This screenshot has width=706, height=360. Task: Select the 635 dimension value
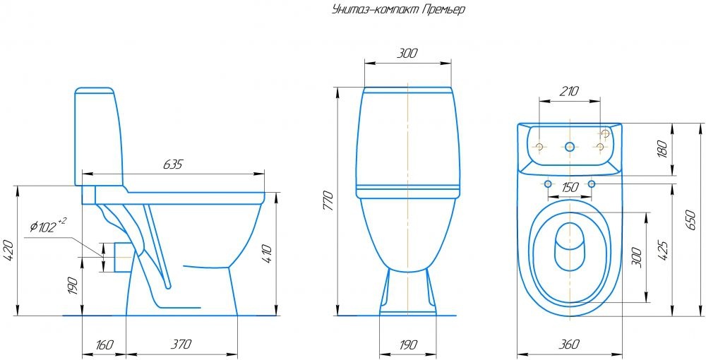click(x=172, y=164)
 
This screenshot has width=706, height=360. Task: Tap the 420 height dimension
click(x=9, y=251)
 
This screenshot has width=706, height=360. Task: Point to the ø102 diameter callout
click(x=48, y=226)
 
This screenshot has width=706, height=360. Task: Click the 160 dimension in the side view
click(x=104, y=344)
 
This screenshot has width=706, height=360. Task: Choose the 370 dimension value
click(x=181, y=344)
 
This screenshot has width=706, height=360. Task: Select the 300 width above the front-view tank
click(x=407, y=54)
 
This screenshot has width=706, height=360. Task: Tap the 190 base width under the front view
click(x=408, y=344)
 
